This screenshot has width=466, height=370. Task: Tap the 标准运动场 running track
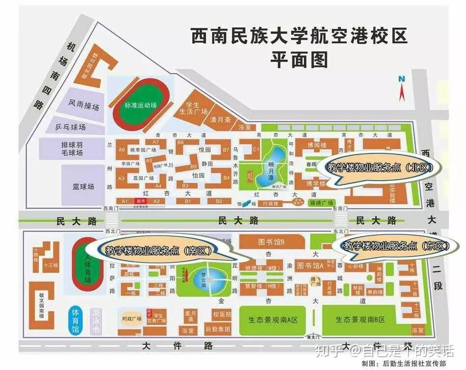pyautogui.click(x=140, y=105)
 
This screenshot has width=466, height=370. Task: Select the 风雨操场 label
pyautogui.click(x=84, y=105)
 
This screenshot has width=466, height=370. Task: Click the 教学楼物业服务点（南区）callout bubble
pyautogui.click(x=159, y=250)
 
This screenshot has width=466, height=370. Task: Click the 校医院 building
pyautogui.click(x=222, y=314)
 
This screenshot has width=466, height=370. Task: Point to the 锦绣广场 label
pyautogui.click(x=321, y=203)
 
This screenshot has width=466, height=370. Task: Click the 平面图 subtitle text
pyautogui.click(x=299, y=59)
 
